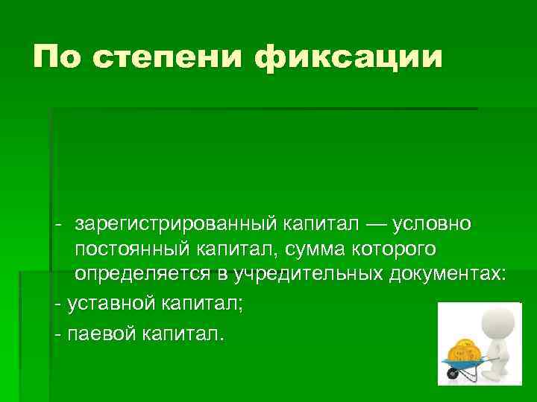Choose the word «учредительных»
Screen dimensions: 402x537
click(310, 273)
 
